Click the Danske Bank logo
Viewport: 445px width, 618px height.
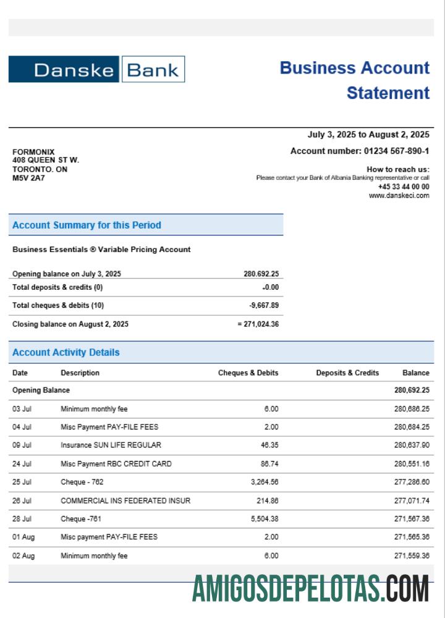click(x=96, y=69)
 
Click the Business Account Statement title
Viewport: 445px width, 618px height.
click(x=354, y=80)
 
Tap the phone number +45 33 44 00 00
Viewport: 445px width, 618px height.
click(x=404, y=187)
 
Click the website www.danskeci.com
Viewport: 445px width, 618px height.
click(x=399, y=195)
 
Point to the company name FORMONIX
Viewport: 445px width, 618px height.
click(x=33, y=152)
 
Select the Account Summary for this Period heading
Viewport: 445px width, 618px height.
click(x=87, y=225)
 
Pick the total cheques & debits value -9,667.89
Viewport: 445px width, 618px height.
click(x=263, y=305)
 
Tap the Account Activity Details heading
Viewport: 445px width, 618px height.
click(x=66, y=352)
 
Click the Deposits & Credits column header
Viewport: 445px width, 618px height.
click(x=347, y=373)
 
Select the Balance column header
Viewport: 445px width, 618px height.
click(x=416, y=373)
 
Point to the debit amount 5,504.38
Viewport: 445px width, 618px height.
click(x=265, y=519)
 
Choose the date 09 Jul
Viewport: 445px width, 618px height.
click(x=22, y=445)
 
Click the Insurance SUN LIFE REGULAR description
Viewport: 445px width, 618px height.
click(x=111, y=445)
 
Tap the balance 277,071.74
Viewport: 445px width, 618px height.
click(x=412, y=500)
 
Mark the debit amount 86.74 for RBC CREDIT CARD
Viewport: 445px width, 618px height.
click(x=269, y=463)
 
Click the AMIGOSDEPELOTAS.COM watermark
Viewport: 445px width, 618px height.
click(x=310, y=588)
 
